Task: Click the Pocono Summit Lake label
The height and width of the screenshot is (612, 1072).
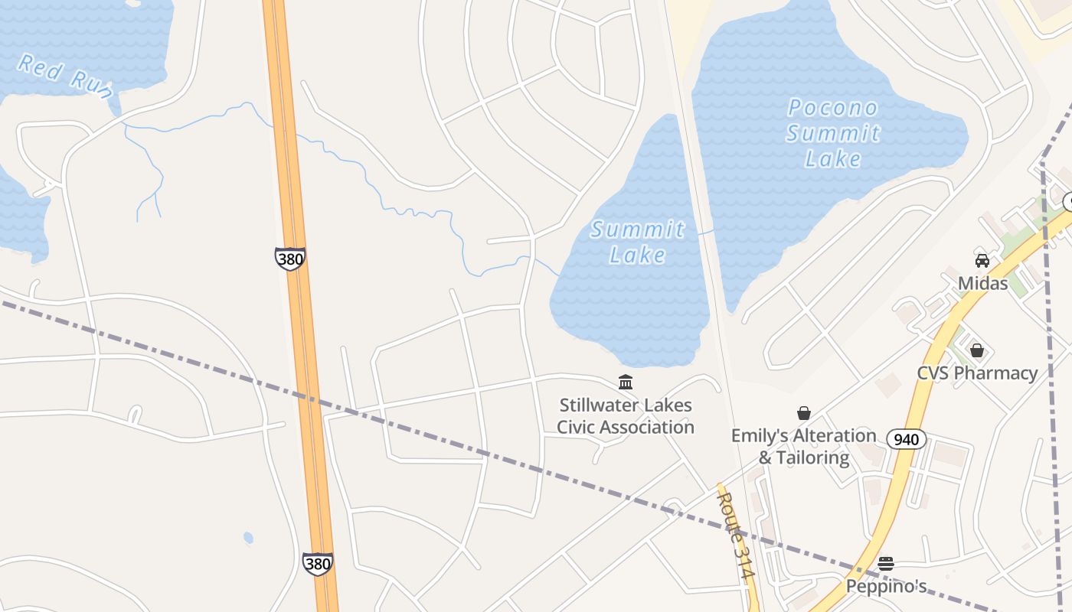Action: (833, 133)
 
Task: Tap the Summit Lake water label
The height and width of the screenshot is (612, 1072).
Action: (637, 241)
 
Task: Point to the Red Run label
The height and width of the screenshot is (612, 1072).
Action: (65, 75)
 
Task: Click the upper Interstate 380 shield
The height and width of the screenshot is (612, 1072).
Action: (290, 259)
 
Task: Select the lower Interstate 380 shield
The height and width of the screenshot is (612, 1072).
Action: (317, 564)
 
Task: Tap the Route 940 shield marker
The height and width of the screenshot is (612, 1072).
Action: (907, 439)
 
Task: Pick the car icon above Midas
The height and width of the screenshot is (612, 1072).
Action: (982, 261)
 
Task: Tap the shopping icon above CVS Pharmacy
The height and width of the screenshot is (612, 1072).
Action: (976, 350)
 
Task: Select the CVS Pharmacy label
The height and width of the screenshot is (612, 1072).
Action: (977, 373)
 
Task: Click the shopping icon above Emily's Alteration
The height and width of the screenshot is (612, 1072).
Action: (803, 413)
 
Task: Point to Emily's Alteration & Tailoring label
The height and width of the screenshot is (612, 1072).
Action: (803, 446)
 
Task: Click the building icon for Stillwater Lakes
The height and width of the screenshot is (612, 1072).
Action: (625, 382)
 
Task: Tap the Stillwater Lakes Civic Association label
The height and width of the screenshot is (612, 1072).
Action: (625, 416)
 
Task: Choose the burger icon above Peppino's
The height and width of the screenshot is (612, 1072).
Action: (886, 564)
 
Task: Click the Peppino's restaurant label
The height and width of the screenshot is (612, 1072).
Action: (886, 587)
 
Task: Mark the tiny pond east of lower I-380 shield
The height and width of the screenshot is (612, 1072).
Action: (248, 538)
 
